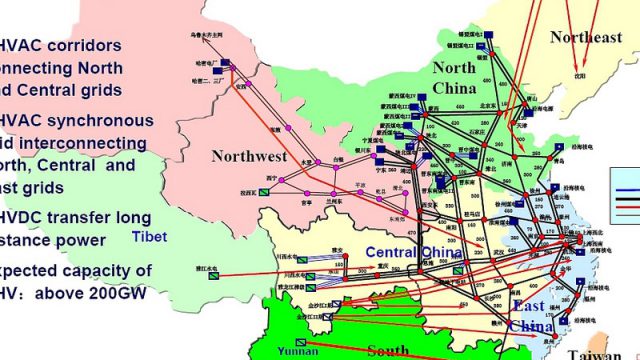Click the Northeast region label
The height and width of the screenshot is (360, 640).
click(x=585, y=37)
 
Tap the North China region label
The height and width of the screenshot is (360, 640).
click(x=453, y=77)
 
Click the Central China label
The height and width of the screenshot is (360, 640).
click(x=413, y=252)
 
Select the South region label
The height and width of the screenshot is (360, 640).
click(x=387, y=350)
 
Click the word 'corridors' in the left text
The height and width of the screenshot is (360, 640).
click(x=87, y=45)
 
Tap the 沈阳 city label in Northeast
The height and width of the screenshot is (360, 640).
click(x=578, y=74)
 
